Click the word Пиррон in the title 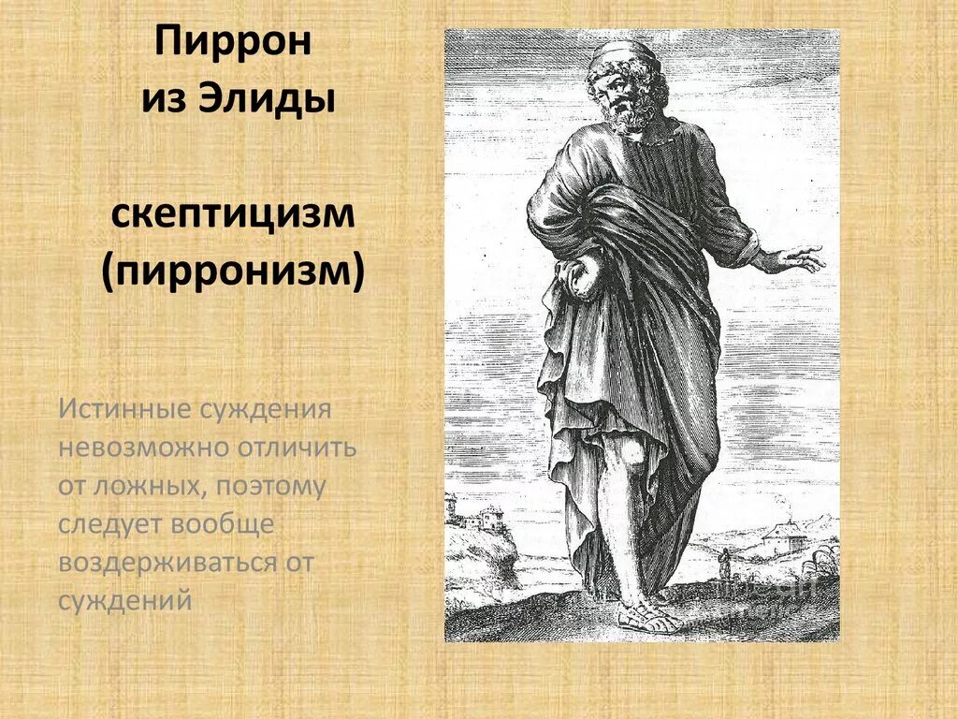[232, 44]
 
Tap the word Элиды [267, 98]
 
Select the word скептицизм [233, 216]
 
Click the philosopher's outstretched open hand [796, 257]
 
